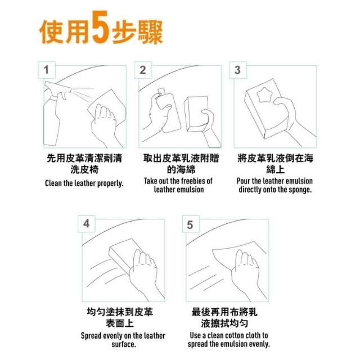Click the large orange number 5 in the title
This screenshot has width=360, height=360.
click(100, 27)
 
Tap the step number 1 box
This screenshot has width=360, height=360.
click(47, 70)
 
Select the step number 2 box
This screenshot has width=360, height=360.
click(143, 70)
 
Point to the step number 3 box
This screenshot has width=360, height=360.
click(238, 70)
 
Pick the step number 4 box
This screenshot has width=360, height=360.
click(87, 224)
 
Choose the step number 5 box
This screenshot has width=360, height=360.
click(191, 224)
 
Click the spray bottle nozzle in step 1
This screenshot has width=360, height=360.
click(58, 87)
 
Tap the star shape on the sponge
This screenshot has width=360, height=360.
click(264, 94)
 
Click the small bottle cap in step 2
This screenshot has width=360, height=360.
click(161, 91)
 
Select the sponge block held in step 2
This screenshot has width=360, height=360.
click(197, 114)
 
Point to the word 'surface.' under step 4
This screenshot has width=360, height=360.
click(124, 344)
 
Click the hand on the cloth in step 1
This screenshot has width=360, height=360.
click(103, 124)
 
